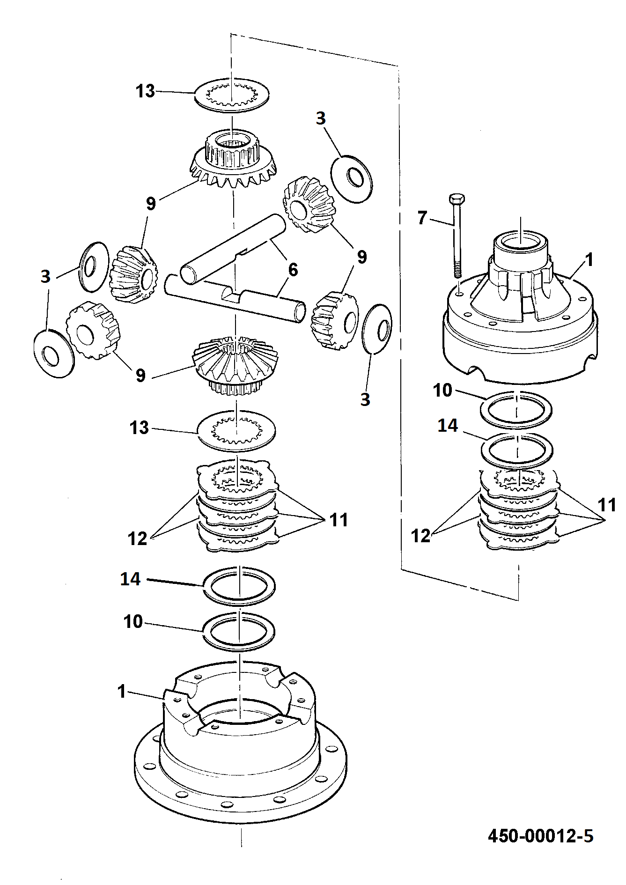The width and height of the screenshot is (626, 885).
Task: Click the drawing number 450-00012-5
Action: coord(540,835)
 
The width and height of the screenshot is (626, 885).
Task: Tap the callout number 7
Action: coord(422,217)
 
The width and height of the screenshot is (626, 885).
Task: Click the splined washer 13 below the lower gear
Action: coord(236,431)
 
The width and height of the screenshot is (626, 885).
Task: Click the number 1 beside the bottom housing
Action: coord(122,691)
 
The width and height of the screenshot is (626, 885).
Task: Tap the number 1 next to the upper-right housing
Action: coord(589,259)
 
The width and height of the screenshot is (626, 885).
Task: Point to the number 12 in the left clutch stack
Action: coord(138,538)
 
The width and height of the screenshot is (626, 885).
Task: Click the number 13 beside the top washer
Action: coord(145,91)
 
